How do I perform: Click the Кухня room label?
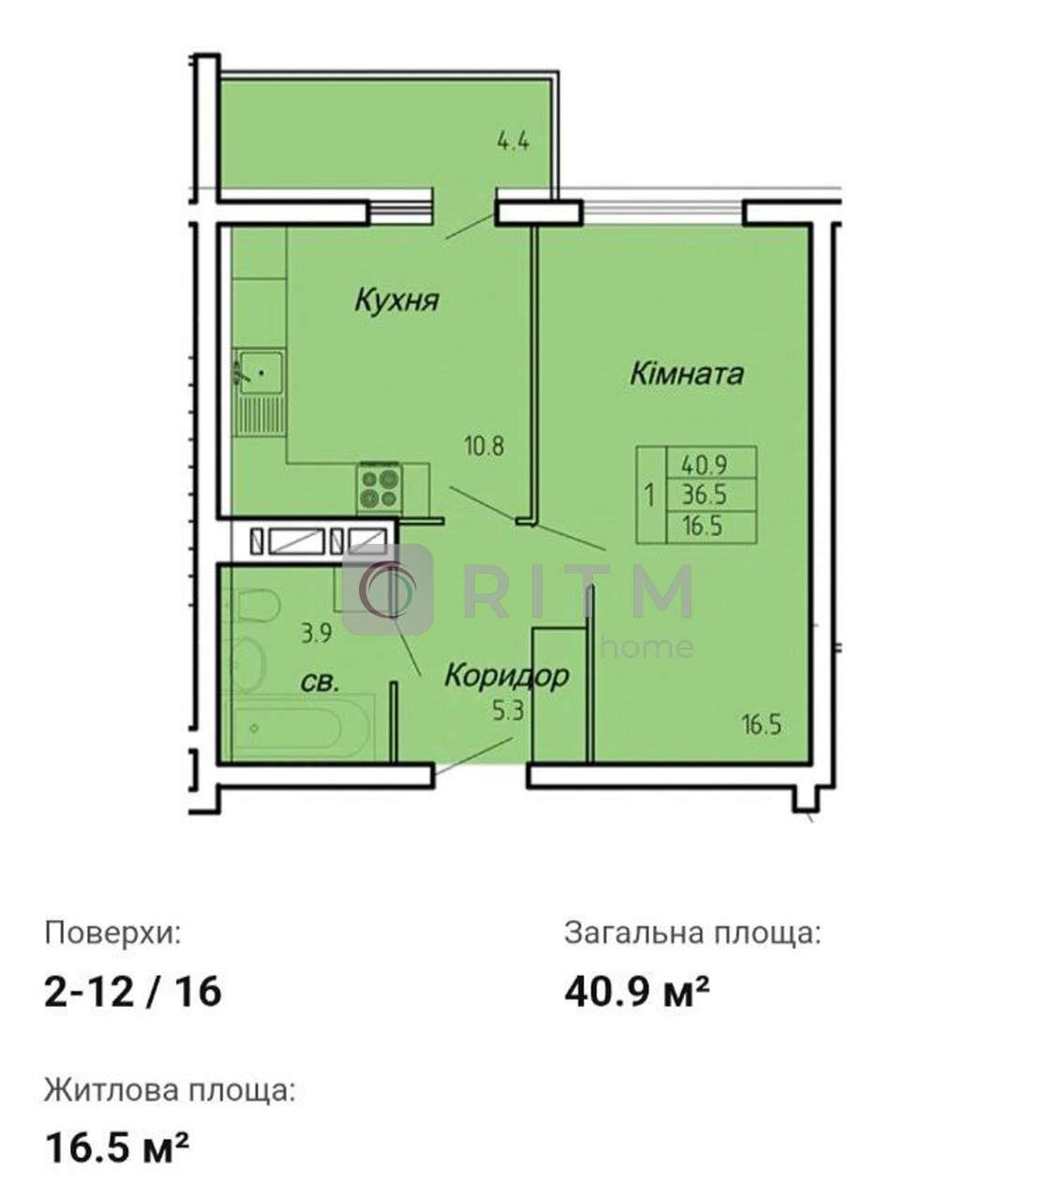click(397, 301)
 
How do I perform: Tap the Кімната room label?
click(687, 374)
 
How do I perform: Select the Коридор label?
click(506, 675)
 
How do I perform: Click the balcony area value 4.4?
click(513, 142)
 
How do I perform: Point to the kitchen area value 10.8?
click(484, 446)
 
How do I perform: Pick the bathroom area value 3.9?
click(317, 634)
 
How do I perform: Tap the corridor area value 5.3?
click(508, 712)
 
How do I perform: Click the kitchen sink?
click(260, 372)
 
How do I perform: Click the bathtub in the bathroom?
click(299, 727)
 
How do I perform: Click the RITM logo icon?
click(388, 589)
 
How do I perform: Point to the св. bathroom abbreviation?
click(320, 682)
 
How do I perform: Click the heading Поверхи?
click(113, 933)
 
